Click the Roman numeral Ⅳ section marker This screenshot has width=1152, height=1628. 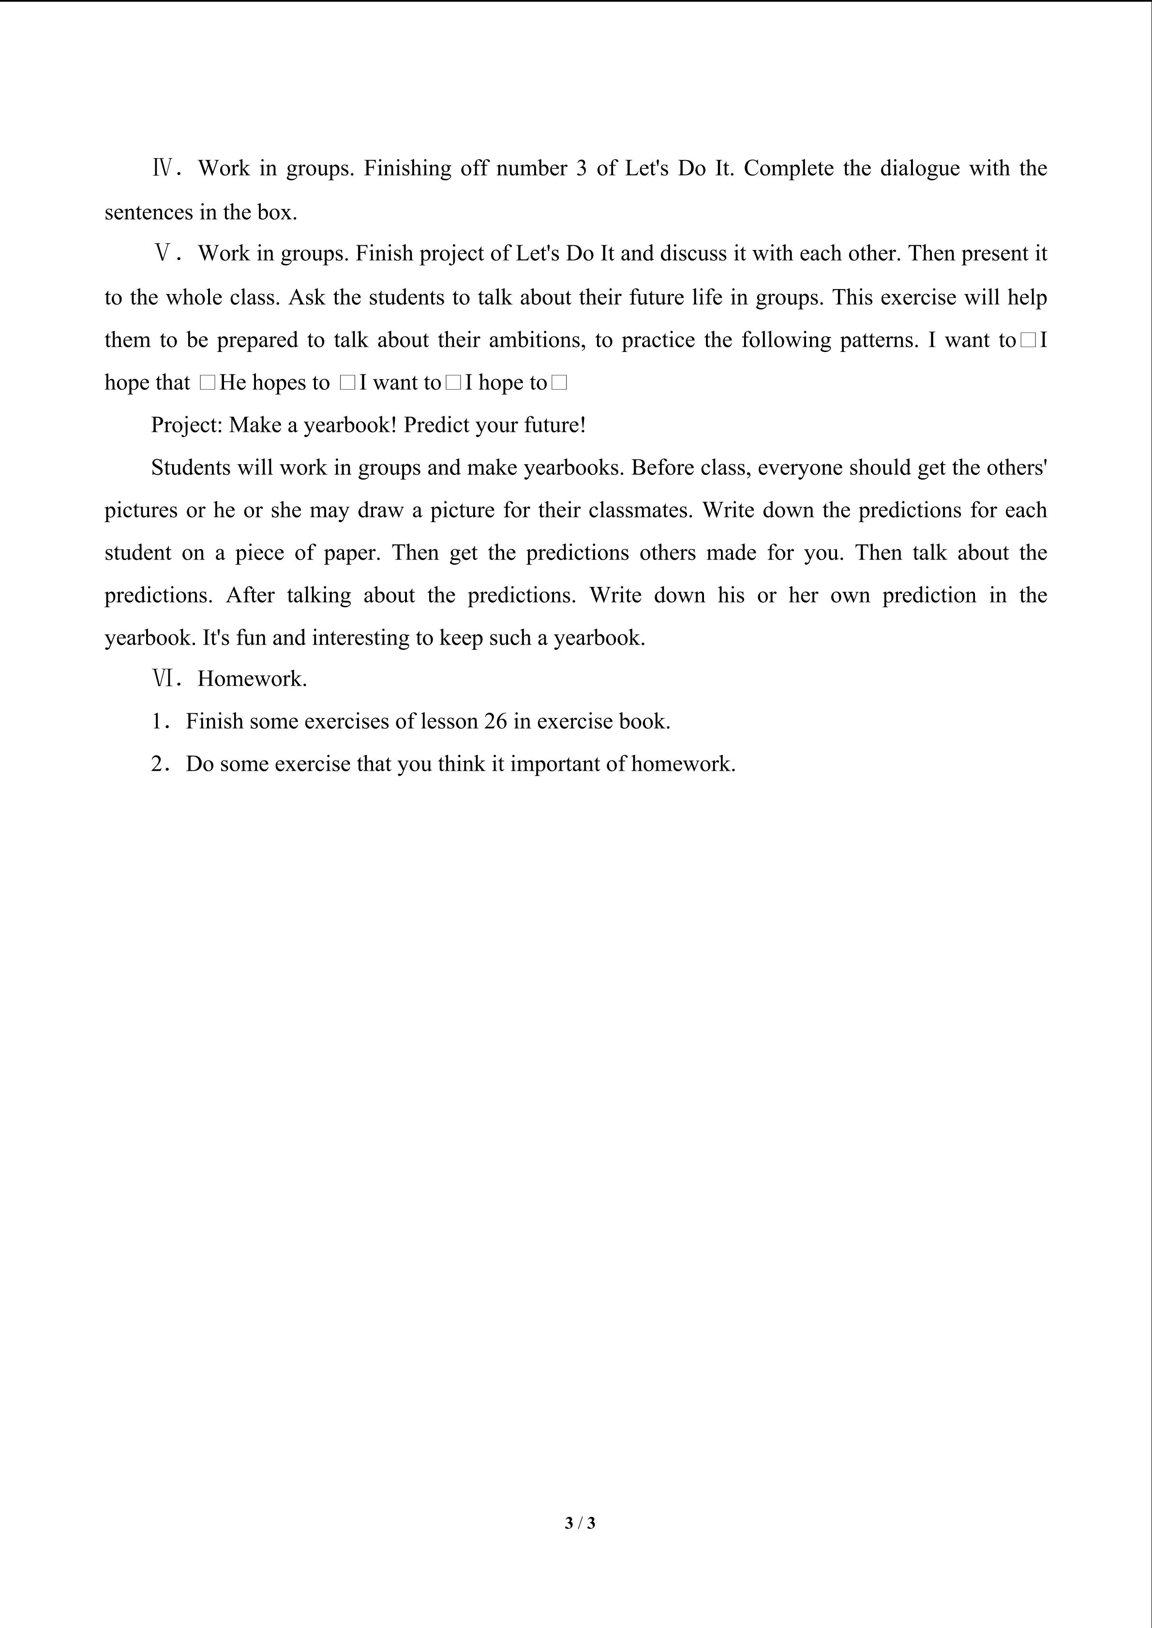(x=163, y=169)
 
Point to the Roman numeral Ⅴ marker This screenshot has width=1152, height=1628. (x=163, y=254)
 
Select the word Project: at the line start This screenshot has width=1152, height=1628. (x=187, y=425)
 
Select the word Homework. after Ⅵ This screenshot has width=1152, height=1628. (x=252, y=679)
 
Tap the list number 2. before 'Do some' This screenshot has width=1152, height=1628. (x=160, y=764)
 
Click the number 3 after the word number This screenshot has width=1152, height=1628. (x=582, y=169)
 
